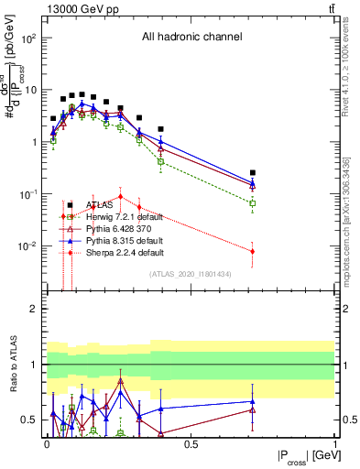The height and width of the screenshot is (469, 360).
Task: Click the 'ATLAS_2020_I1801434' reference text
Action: [x=189, y=274]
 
